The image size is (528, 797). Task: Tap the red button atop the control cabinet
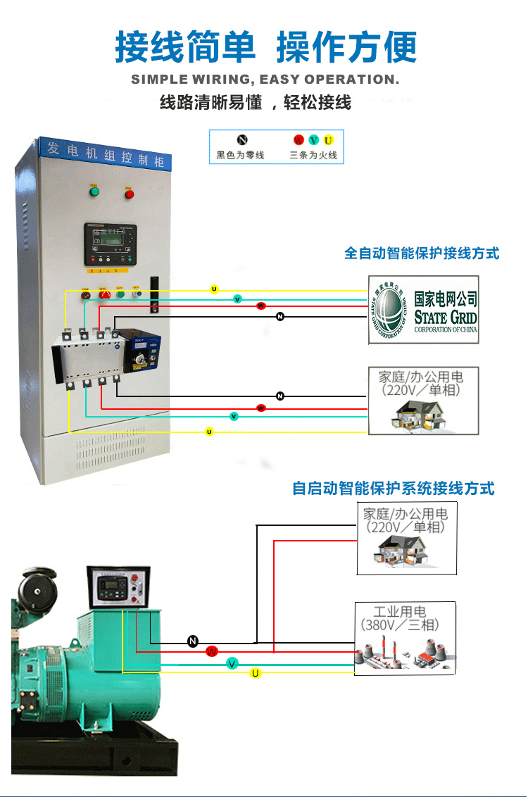pyautogui.click(x=130, y=193)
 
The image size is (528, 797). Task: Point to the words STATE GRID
pyautogui.click(x=445, y=316)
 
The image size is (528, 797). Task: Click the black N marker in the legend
pyautogui.click(x=241, y=140)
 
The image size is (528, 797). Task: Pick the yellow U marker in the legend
pyautogui.click(x=328, y=140)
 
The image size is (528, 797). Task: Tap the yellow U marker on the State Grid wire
pyautogui.click(x=215, y=289)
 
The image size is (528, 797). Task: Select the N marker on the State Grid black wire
pyautogui.click(x=280, y=317)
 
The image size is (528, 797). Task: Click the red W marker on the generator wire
pyautogui.click(x=212, y=652)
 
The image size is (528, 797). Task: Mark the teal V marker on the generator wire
pyautogui.click(x=232, y=663)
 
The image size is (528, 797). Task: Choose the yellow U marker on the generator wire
pyautogui.click(x=256, y=674)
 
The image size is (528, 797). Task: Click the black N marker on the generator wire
pyautogui.click(x=194, y=641)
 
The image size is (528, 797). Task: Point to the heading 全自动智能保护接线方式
pyautogui.click(x=421, y=253)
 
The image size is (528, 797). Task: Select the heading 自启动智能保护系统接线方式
pyautogui.click(x=393, y=488)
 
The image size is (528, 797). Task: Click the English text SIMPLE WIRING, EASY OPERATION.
pyautogui.click(x=265, y=80)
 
